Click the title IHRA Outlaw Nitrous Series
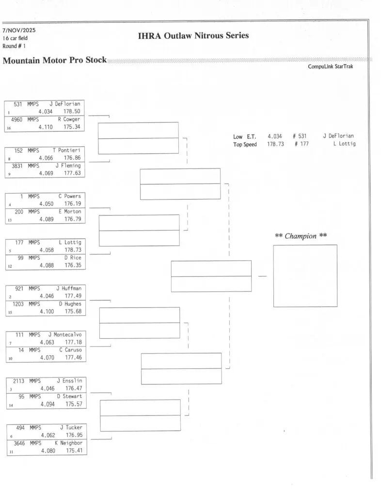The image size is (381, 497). [x=193, y=35]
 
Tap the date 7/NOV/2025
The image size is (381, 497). [x=19, y=30]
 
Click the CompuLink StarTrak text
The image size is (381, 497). [x=330, y=67]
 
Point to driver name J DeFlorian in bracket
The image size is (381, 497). [x=64, y=103]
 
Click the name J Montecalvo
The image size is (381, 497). [x=65, y=334]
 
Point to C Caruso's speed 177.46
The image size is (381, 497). [x=74, y=358]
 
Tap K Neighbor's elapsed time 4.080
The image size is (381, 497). [x=48, y=450]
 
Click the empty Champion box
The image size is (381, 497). [x=305, y=275]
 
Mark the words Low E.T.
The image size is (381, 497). [x=244, y=136]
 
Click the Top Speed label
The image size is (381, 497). [x=245, y=144]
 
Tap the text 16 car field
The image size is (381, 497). [x=15, y=38]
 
